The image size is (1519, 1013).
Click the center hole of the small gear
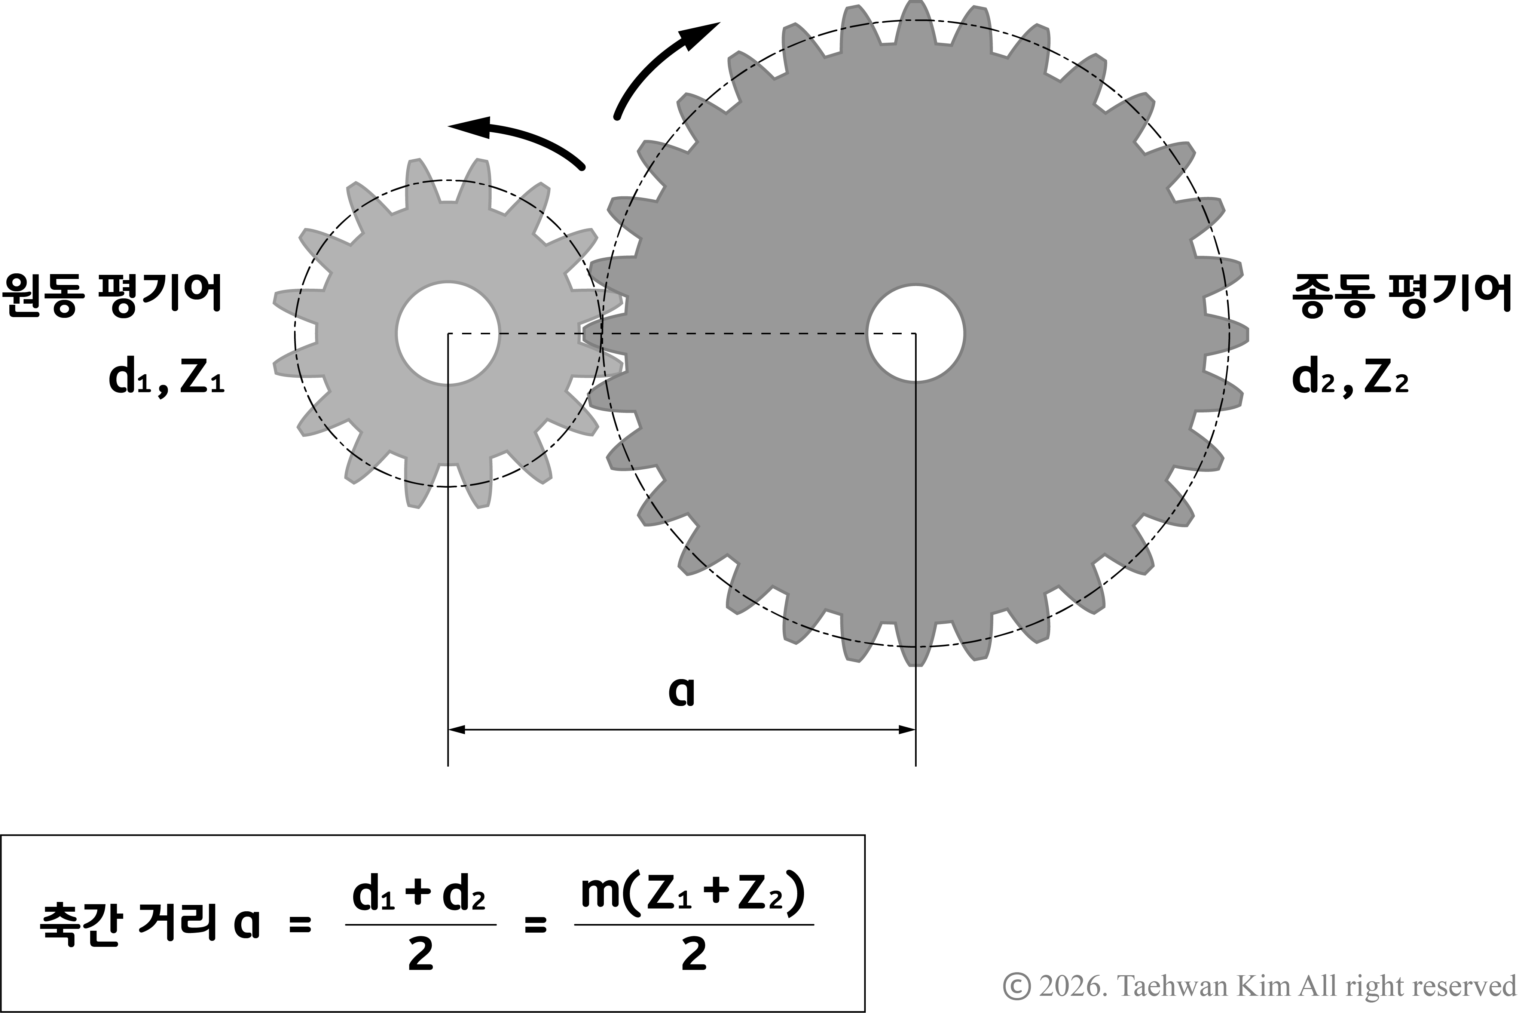(x=448, y=333)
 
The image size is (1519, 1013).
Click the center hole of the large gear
(x=915, y=333)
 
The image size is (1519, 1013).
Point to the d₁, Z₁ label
(x=166, y=379)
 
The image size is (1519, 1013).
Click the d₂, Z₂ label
(x=1350, y=379)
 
